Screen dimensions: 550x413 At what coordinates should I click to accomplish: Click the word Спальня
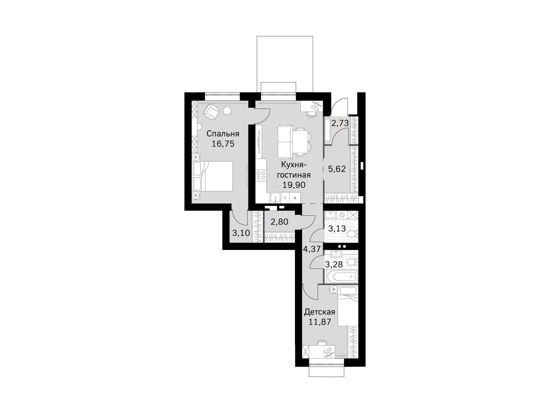point(223,134)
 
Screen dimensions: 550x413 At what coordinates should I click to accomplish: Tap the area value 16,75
point(223,144)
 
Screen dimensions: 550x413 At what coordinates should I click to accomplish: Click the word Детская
point(319,312)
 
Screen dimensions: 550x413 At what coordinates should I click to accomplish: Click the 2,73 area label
point(340,123)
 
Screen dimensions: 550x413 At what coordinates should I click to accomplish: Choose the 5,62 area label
point(337,169)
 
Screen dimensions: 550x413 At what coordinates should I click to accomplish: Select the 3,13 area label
point(337,229)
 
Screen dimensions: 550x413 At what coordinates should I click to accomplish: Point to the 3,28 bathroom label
point(334,264)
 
